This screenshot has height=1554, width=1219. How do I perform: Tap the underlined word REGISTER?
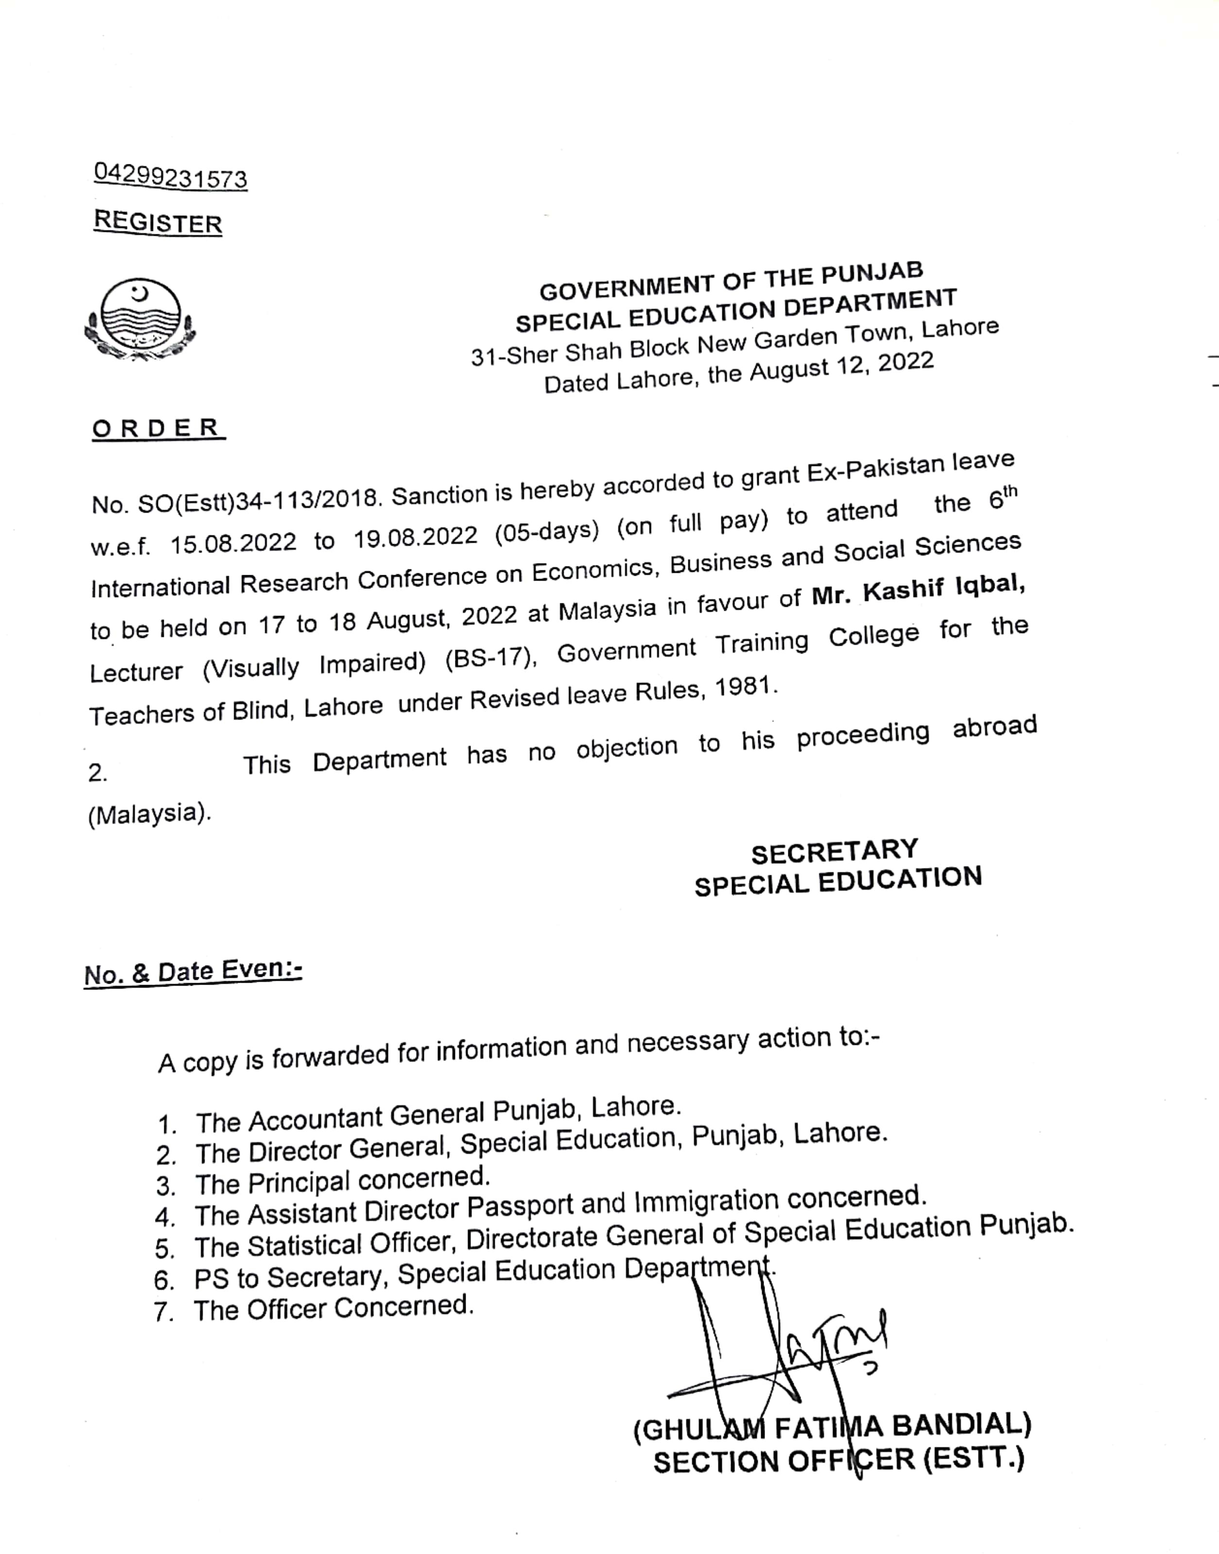[x=158, y=222]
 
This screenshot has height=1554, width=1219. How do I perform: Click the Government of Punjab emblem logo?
[x=140, y=318]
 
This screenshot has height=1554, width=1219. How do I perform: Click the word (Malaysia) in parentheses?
[x=149, y=814]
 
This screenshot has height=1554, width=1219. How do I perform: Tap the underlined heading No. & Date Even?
[x=192, y=971]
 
